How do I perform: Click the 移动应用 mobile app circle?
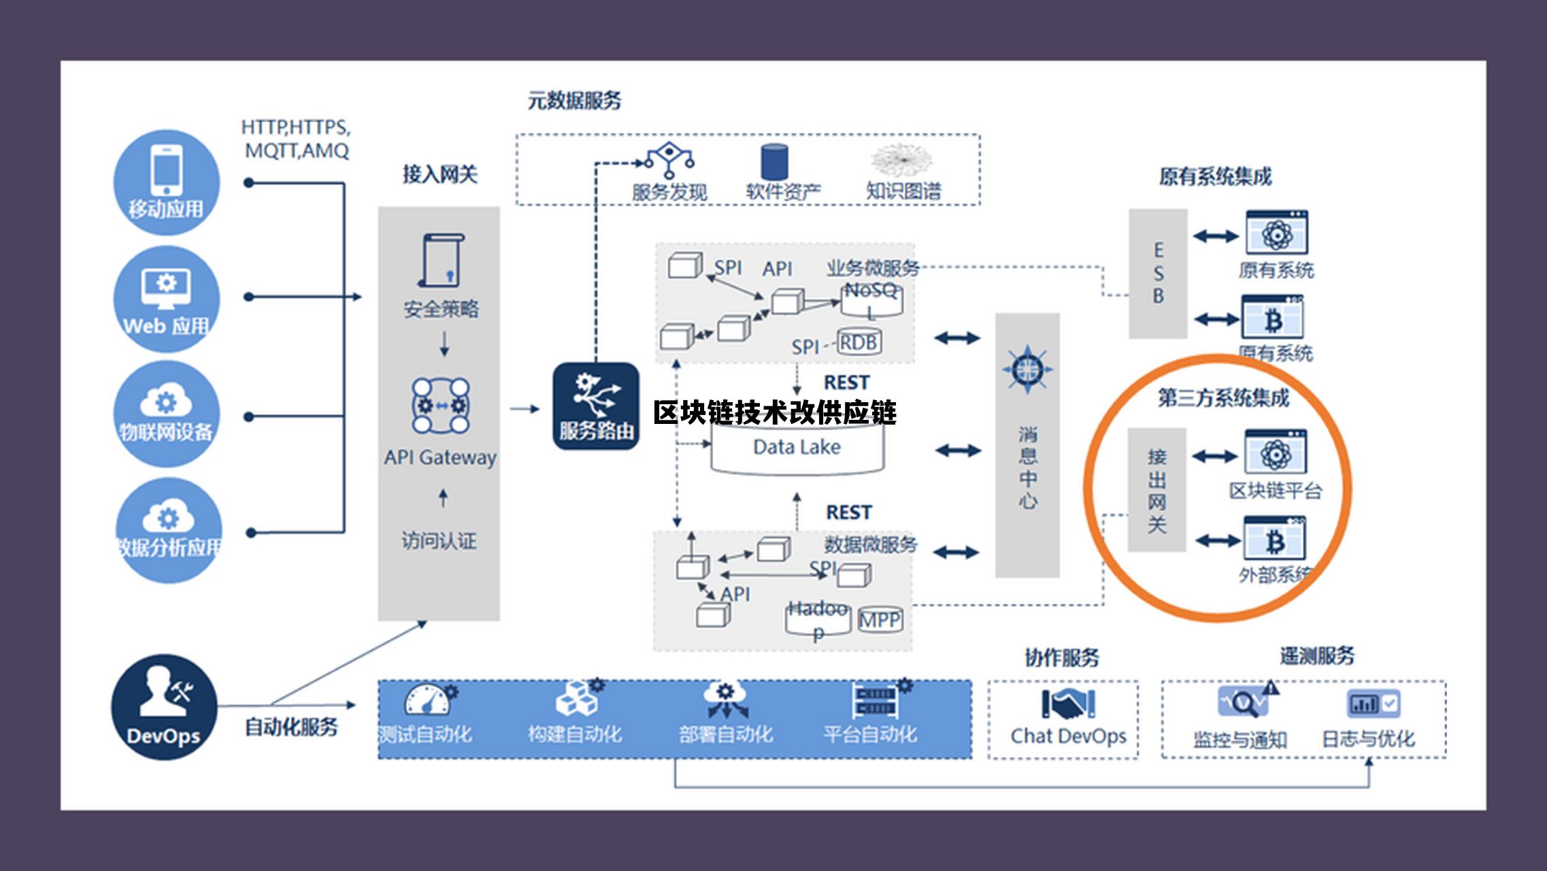pyautogui.click(x=166, y=182)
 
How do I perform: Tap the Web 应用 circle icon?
pyautogui.click(x=166, y=298)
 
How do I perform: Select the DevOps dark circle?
pyautogui.click(x=164, y=707)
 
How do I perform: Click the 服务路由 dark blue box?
pyautogui.click(x=596, y=406)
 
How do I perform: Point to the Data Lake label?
pyautogui.click(x=797, y=447)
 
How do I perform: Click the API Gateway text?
pyautogui.click(x=440, y=457)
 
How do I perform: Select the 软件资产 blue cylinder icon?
pyautogui.click(x=774, y=162)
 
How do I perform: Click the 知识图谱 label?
pyautogui.click(x=903, y=191)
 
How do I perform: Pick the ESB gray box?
pyautogui.click(x=1158, y=274)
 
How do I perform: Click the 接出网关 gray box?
pyautogui.click(x=1157, y=490)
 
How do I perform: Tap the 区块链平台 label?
pyautogui.click(x=1275, y=491)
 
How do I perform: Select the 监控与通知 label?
pyautogui.click(x=1240, y=740)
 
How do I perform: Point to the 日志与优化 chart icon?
pyautogui.click(x=1373, y=704)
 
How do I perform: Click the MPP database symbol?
pyautogui.click(x=880, y=620)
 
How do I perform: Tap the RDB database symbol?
pyautogui.click(x=859, y=342)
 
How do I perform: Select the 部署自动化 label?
pyautogui.click(x=725, y=734)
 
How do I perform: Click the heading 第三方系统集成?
pyautogui.click(x=1223, y=398)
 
